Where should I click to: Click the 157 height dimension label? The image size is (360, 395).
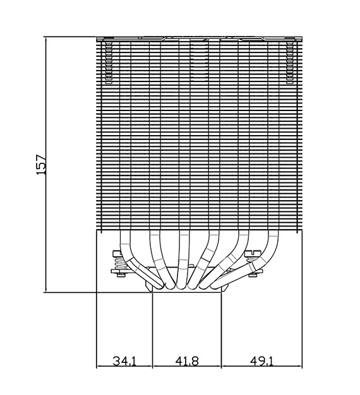tap(42, 165)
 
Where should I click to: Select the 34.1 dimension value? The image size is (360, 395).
tap(124, 361)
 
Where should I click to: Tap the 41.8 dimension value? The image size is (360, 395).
tap(187, 361)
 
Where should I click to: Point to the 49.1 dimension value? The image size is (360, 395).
tap(261, 361)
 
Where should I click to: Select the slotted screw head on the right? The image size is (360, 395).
tap(253, 252)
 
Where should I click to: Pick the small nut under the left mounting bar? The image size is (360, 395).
tap(121, 275)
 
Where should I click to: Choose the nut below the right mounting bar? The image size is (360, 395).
tap(253, 275)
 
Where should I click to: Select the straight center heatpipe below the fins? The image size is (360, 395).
tap(184, 259)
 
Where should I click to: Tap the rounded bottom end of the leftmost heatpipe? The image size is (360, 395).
tap(160, 286)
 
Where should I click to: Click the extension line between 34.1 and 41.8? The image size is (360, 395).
tap(152, 330)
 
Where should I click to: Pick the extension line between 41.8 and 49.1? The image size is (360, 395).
tap(221, 330)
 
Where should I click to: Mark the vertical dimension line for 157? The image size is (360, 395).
tap(46, 165)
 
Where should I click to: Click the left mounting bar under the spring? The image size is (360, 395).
tap(121, 271)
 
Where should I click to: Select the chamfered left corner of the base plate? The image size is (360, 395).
tap(149, 287)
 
